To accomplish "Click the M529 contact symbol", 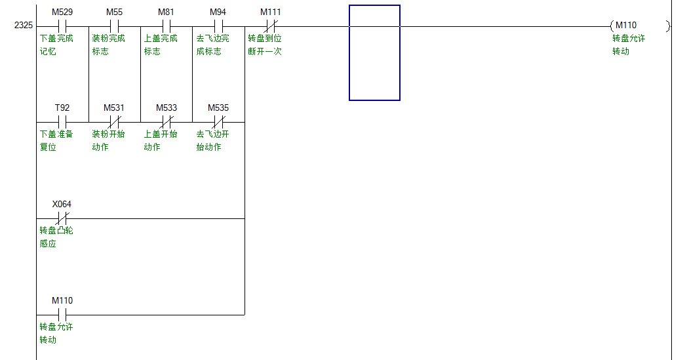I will point(62,26).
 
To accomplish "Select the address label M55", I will point(114,12).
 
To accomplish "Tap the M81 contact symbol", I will point(166,26).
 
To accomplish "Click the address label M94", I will point(218,12).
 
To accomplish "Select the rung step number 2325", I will point(24,26).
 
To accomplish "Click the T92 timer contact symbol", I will point(62,122).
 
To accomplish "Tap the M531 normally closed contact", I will point(114,122).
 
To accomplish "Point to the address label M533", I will point(166,108).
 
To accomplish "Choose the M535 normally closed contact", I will point(218,122).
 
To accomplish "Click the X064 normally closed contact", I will point(62,218).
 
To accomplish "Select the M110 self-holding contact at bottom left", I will point(62,315).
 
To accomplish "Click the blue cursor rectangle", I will point(374,52).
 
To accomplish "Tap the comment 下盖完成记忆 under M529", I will point(56,45).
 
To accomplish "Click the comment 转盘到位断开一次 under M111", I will point(265,45).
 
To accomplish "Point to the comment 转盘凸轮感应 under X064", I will point(56,237).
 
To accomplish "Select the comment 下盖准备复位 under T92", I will point(56,140).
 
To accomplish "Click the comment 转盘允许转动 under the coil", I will point(629,45).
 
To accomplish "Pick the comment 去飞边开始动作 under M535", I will point(213,140).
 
